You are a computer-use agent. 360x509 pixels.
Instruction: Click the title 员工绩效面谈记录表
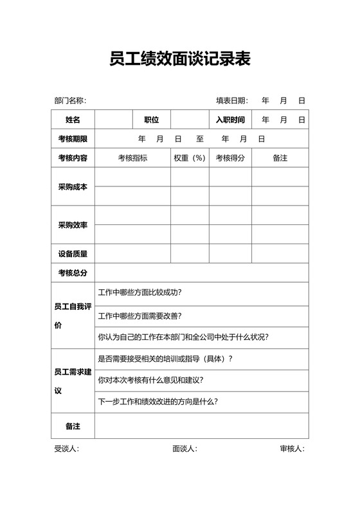pos(180,60)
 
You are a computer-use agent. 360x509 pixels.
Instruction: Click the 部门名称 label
pos(69,101)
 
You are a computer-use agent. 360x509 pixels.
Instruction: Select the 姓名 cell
pos(73,120)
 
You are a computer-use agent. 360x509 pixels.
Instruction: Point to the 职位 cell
pos(152,120)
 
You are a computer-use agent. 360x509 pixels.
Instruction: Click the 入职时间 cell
pos(230,120)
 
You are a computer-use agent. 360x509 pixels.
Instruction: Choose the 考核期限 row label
pos(73,139)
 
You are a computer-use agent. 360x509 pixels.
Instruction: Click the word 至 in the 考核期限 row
pos(200,139)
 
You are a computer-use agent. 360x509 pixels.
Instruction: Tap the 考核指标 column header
pos(132,158)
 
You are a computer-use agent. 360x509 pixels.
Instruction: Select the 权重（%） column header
pos(189,158)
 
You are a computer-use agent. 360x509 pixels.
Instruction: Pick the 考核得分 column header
pos(230,158)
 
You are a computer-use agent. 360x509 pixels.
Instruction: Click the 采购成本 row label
pos(73,187)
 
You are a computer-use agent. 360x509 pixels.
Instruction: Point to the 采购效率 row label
pos(73,226)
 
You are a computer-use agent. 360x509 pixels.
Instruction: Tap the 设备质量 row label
pos(73,254)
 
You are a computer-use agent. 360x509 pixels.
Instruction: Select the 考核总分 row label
pos(73,273)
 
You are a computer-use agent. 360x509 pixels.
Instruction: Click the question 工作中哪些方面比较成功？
pos(139,293)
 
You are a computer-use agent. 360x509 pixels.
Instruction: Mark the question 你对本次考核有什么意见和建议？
pos(150,380)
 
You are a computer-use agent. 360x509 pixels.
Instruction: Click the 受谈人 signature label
pos(66,449)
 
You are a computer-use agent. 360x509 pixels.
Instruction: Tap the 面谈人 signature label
pos(184,449)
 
